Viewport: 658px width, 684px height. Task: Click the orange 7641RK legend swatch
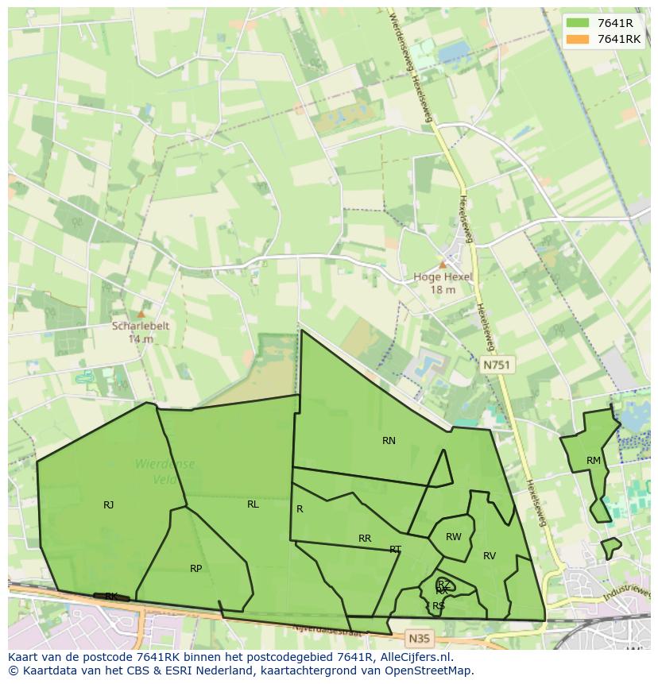click(x=578, y=39)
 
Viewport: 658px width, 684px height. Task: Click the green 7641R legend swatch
click(x=578, y=22)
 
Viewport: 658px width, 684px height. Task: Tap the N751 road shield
click(x=497, y=365)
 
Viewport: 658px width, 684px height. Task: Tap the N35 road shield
click(x=419, y=638)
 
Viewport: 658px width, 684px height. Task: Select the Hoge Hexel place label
click(x=443, y=277)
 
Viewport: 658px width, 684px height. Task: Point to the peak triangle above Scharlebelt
click(x=141, y=314)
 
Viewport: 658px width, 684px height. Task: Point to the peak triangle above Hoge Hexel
click(x=443, y=265)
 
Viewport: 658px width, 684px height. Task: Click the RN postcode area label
click(x=389, y=441)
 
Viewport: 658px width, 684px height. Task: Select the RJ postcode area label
click(x=109, y=504)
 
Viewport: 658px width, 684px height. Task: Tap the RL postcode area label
click(x=253, y=504)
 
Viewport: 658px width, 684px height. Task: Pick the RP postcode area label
click(x=195, y=568)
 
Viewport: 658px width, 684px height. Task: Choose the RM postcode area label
click(x=594, y=461)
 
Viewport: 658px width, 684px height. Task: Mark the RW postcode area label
click(x=453, y=537)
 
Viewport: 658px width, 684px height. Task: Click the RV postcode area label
click(x=490, y=556)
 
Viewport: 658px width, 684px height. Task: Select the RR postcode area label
click(x=365, y=539)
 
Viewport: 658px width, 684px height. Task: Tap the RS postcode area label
click(x=439, y=605)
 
